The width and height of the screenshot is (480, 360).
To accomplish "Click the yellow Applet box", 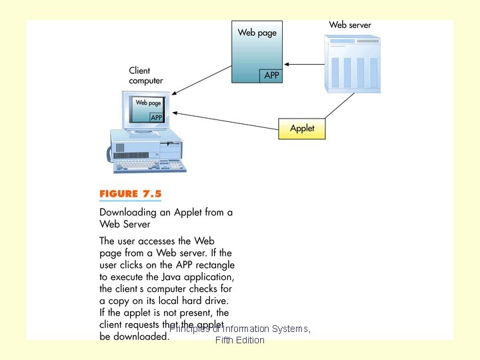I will coord(301,128).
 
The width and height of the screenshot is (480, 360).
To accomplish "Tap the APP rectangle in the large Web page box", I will coord(271,75).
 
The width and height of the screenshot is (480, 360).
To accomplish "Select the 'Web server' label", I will coord(349,25).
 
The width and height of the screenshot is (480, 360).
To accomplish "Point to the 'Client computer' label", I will coord(145,75).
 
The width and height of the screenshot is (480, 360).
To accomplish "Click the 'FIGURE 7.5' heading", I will coord(131,195).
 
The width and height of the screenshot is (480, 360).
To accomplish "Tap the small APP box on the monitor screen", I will coord(157,117).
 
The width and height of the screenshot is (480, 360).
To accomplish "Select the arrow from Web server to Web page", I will coord(303,65).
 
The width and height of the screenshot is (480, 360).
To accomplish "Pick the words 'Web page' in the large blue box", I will coord(257,32).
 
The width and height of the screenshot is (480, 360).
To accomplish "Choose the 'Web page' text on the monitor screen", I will coord(148,103).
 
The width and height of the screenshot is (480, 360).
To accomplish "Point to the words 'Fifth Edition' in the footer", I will coord(240,341).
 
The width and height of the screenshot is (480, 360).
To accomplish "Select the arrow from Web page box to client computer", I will coord(200,79).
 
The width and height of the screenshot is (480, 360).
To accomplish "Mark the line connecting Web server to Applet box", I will coord(340,106).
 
